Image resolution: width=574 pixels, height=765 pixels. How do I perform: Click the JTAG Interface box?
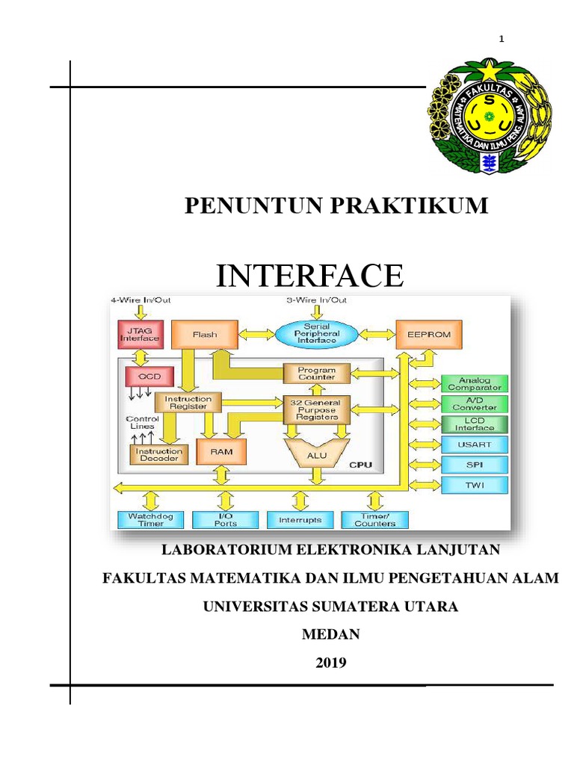point(140,334)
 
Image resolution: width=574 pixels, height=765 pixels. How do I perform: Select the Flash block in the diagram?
point(205,335)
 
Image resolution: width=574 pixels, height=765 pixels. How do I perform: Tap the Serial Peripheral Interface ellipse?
point(321,334)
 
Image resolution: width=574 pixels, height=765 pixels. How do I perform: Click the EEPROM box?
point(429,335)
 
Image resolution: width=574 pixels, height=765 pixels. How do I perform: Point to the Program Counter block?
point(317,374)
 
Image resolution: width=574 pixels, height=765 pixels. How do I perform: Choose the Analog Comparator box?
point(475,384)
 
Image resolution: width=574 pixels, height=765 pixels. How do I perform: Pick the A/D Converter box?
point(475,403)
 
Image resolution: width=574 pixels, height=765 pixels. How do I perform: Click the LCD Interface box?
point(475,424)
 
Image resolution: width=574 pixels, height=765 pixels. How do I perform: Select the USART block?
point(475,445)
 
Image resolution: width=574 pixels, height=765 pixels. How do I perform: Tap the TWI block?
point(475,485)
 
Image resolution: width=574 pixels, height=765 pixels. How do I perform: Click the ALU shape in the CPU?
point(317,452)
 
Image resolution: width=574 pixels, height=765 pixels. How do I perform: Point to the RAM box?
point(220,451)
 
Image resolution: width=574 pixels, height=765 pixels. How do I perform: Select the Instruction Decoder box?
point(158,454)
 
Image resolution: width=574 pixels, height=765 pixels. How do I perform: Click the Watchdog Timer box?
point(150,519)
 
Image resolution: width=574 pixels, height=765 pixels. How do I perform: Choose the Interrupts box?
point(300,519)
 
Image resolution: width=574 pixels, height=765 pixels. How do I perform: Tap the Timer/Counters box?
point(374,519)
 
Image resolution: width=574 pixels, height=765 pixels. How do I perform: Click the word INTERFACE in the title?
point(309,276)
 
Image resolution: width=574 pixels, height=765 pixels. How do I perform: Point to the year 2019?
point(330,662)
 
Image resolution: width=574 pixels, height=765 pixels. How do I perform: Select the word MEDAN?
point(330,634)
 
